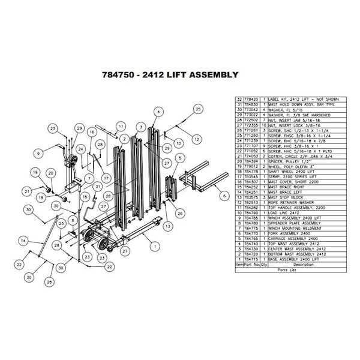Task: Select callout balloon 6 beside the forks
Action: [222, 195]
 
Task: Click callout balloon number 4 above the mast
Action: [158, 112]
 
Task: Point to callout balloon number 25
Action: [197, 109]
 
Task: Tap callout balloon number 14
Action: [22, 240]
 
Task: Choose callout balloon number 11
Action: [121, 126]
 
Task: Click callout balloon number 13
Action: [167, 226]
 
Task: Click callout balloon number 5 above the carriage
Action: [180, 157]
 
